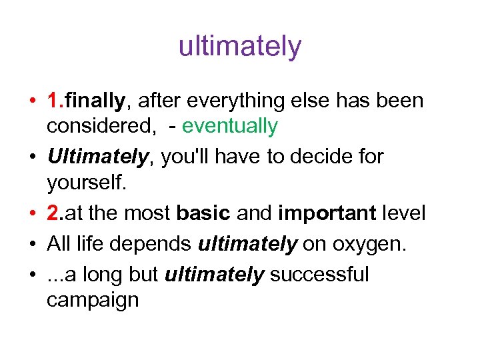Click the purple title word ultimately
(x=240, y=47)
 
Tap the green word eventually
(x=229, y=125)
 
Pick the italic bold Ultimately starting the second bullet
(x=97, y=157)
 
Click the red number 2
(x=53, y=213)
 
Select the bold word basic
(x=203, y=213)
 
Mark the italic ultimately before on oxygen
(x=247, y=245)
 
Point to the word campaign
(x=93, y=300)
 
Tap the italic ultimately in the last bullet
(x=215, y=275)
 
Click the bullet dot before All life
(x=33, y=245)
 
